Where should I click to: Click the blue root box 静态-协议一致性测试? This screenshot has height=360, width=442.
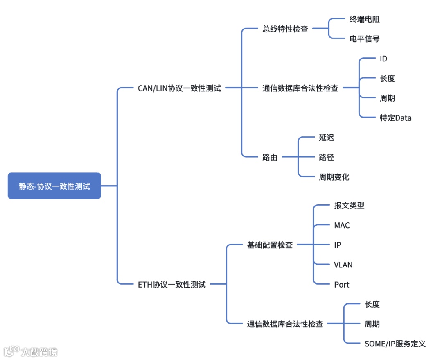[x=54, y=186]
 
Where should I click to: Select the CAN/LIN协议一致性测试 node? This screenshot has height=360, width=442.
[x=179, y=88]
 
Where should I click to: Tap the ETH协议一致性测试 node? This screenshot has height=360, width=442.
[x=172, y=285]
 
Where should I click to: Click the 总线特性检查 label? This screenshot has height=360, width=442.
[x=285, y=29]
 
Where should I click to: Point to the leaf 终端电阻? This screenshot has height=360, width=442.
[x=364, y=19]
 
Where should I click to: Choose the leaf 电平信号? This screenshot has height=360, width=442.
[x=364, y=39]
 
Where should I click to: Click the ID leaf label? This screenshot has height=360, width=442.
[x=383, y=59]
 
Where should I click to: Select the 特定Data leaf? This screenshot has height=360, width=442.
[x=395, y=118]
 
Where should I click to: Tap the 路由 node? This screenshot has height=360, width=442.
[x=270, y=157]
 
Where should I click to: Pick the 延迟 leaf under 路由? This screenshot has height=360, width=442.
[x=327, y=138]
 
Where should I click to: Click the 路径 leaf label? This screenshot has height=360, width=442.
[x=327, y=157]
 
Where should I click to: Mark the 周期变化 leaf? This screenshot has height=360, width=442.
[x=334, y=177]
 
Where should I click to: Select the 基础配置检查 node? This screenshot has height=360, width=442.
[x=270, y=245]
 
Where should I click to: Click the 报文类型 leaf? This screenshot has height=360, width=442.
[x=349, y=206]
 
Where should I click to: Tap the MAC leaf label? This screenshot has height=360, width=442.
[x=342, y=226]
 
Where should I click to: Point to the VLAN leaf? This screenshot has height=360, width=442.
[x=343, y=265]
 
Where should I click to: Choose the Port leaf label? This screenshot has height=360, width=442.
[x=342, y=285]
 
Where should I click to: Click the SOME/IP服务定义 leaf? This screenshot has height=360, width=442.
[x=395, y=344]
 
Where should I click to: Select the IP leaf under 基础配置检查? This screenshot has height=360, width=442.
[x=337, y=245]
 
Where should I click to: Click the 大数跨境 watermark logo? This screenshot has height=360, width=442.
[x=31, y=351]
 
